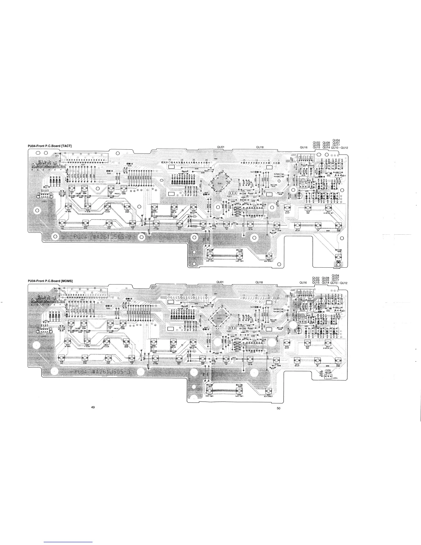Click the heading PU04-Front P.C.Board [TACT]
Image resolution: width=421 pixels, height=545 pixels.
(50, 146)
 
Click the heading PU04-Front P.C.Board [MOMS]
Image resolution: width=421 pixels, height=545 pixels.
(50, 281)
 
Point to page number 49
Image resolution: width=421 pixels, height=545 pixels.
(93, 407)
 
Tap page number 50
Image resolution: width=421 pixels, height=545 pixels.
(279, 408)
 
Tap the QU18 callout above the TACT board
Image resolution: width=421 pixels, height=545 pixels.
(260, 147)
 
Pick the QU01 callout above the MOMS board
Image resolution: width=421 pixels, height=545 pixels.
(220, 282)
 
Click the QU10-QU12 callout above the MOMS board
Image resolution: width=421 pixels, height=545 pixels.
(340, 283)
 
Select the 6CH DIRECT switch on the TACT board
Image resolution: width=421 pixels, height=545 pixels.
(269, 256)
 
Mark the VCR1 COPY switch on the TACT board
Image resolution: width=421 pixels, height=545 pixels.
(210, 256)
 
